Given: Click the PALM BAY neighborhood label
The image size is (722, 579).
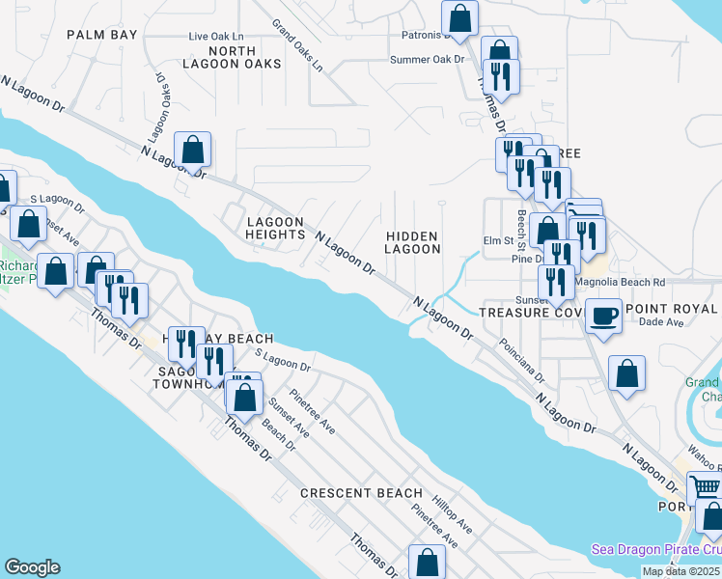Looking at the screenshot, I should (x=102, y=34).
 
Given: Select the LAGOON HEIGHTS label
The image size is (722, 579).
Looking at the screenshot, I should (x=275, y=228).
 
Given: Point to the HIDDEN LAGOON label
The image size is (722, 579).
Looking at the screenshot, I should (x=412, y=242).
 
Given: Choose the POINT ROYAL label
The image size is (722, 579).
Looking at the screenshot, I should (x=672, y=309).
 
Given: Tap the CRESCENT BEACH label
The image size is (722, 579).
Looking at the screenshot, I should (x=361, y=493).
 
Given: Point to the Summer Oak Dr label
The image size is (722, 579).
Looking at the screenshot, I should (x=427, y=59).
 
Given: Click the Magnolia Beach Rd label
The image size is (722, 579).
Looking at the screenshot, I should (x=620, y=282).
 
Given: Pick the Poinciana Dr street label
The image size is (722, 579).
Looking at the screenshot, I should (x=522, y=359).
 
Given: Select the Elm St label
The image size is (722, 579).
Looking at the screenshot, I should (x=496, y=241).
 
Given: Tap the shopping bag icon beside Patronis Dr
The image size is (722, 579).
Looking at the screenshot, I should (x=460, y=17).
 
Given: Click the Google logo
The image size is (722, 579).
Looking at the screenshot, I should (x=32, y=567).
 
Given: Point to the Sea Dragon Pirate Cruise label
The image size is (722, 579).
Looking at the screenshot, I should (x=656, y=550).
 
